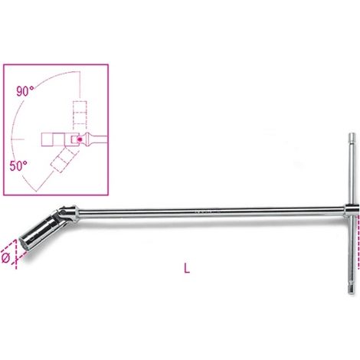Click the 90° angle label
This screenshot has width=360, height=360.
pyautogui.click(x=25, y=91)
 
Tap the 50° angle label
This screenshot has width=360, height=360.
pyautogui.click(x=18, y=166)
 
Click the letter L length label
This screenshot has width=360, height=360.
pyautogui.click(x=187, y=268)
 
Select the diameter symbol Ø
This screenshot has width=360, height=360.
pyautogui.click(x=5, y=258)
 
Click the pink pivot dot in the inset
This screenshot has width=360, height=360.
pyautogui.click(x=80, y=139)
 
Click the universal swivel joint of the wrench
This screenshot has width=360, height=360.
pyautogui.click(x=67, y=214)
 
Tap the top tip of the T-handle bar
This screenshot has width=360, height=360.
pyautogui.click(x=352, y=134)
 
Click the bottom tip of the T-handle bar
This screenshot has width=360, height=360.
pyautogui.click(x=352, y=293)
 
